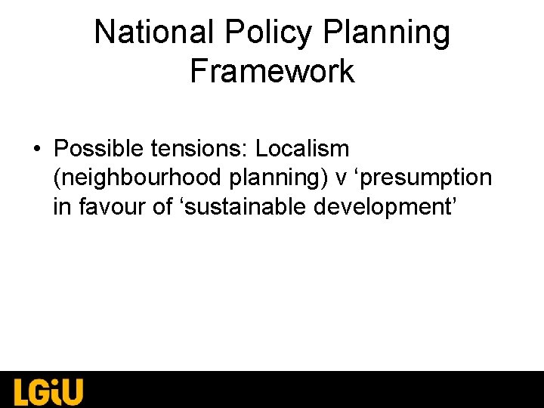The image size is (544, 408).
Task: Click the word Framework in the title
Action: pos(272,71)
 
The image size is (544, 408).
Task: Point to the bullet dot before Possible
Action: pos(37,149)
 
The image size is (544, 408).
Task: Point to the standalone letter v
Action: pos(341,178)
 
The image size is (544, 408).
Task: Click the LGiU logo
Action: pos(48,391)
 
